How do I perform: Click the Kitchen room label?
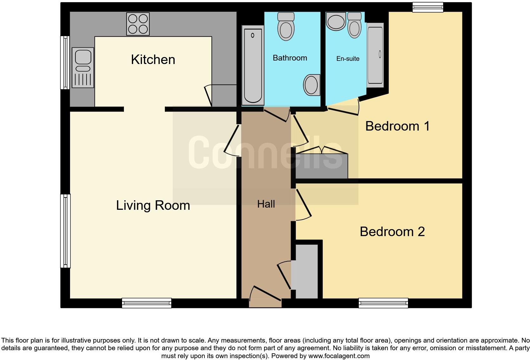tap(153, 60)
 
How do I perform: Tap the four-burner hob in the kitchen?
tap(138, 24)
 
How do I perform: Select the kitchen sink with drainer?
tap(83, 67)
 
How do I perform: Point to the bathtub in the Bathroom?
tap(253, 65)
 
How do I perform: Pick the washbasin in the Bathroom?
tap(312, 85)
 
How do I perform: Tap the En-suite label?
tap(348, 59)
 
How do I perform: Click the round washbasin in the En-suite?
tap(336, 22)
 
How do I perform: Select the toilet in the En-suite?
tap(354, 25)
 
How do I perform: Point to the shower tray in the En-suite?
tap(375, 55)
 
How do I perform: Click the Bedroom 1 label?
tap(397, 126)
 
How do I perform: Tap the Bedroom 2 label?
tap(392, 232)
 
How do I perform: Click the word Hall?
tap(266, 204)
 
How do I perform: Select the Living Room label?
tap(153, 205)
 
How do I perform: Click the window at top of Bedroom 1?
tap(428, 7)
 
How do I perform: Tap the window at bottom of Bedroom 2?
tap(383, 303)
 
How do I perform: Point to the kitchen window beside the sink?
tap(65, 62)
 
